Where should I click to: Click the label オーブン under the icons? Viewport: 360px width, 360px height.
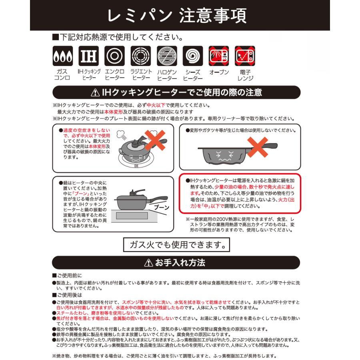(219, 72)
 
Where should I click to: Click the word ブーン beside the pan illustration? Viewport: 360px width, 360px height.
(161, 207)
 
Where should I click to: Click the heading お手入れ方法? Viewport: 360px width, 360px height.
(180, 262)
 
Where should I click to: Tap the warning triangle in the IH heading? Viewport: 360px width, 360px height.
(95, 93)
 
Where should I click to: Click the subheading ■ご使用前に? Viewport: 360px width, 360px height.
(67, 276)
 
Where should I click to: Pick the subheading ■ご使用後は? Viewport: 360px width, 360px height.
(67, 295)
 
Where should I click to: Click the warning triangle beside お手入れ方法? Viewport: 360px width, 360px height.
(148, 263)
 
